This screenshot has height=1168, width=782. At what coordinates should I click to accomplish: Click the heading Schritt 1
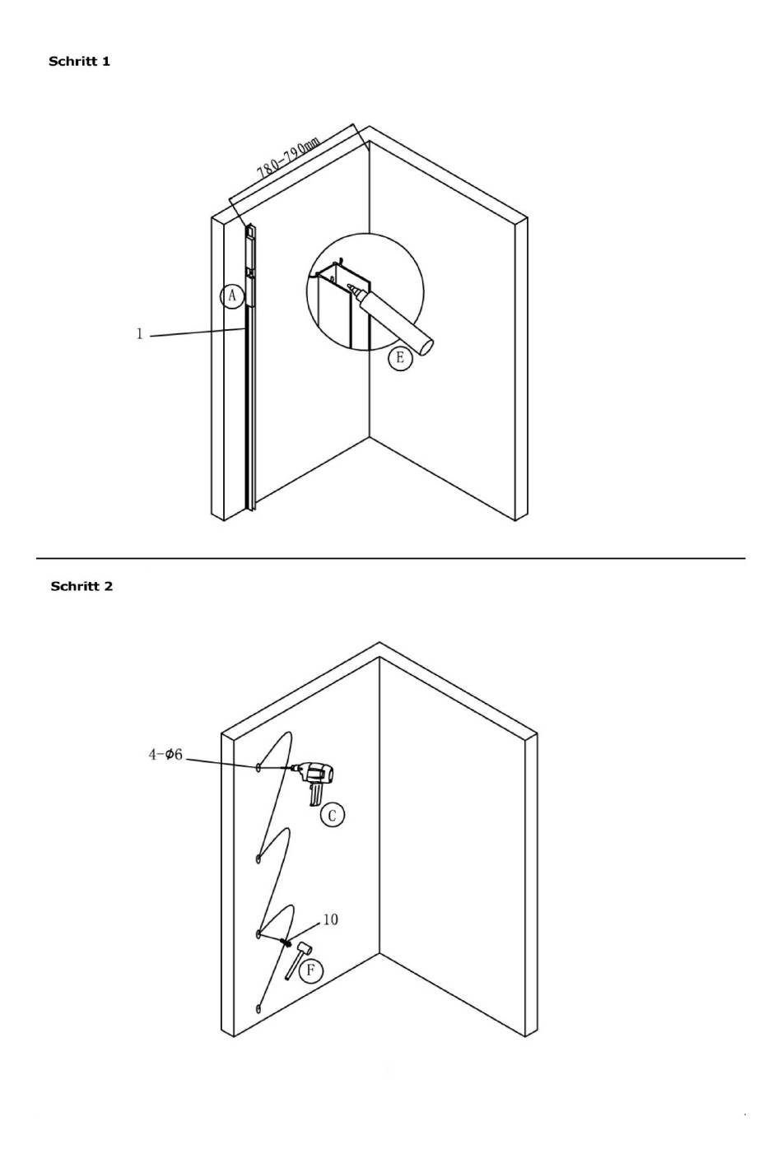pos(79,61)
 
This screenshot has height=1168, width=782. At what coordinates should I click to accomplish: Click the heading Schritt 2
pos(81,586)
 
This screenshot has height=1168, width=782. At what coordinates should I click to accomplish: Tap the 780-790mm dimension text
pos(288,159)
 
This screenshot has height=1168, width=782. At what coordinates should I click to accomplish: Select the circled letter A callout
pos(232,295)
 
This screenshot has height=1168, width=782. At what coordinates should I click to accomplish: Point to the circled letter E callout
pos(400,357)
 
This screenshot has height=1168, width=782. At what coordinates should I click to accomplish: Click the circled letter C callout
pos(332,815)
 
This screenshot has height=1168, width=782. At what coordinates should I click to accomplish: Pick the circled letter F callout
pos(310,970)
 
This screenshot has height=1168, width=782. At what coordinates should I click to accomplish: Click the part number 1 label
pos(140,333)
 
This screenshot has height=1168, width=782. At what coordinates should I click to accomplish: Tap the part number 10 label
pos(330,919)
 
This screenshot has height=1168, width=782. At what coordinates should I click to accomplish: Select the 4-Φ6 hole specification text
pos(165,755)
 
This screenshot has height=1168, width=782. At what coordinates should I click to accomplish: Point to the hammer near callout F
pos(297,958)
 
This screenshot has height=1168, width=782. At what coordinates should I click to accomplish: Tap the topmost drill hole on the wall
pos(258,767)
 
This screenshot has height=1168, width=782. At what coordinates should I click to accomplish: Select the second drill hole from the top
pos(258,859)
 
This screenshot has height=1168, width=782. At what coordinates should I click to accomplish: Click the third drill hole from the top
pos(258,934)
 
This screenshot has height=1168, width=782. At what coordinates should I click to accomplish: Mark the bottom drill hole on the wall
pos(258,1008)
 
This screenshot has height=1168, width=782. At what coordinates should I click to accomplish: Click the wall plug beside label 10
pos(284,941)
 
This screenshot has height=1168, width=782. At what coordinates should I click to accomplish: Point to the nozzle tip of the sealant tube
pos(350,287)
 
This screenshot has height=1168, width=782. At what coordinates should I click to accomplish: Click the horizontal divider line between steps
pos(390,558)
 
